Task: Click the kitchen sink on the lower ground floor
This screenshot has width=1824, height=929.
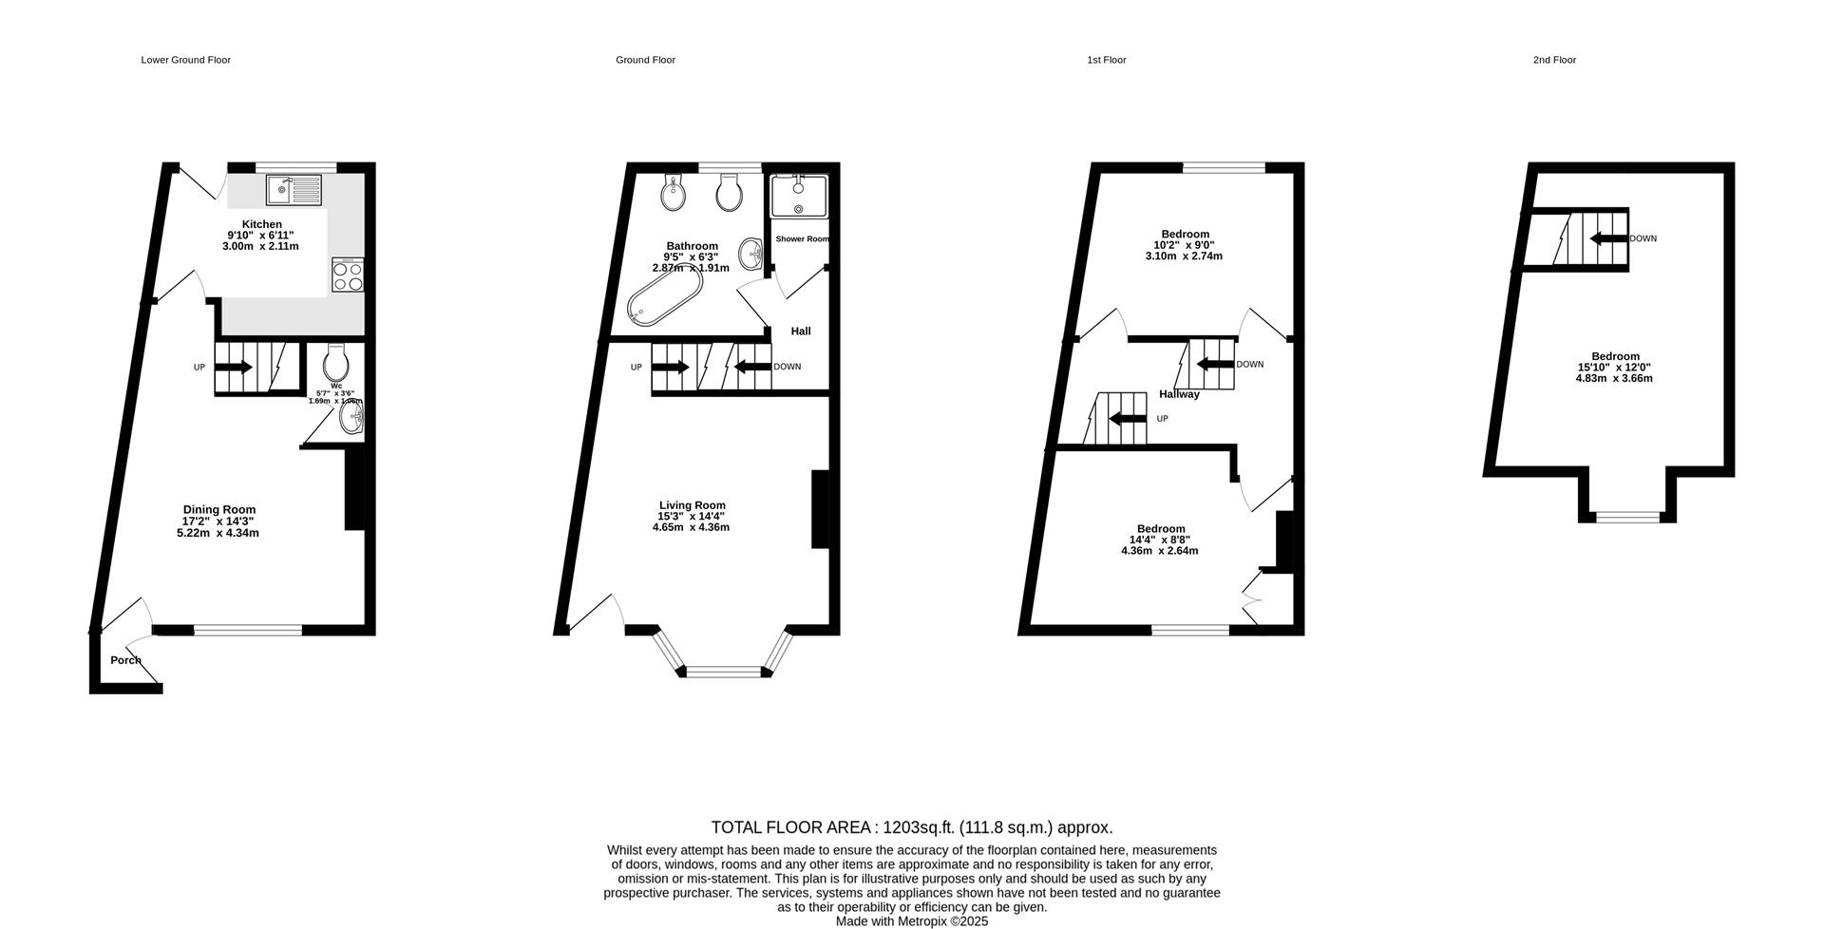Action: (x=294, y=190)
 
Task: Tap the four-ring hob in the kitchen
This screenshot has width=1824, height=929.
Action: (x=348, y=275)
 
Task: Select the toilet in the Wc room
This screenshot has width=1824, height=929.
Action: (x=335, y=362)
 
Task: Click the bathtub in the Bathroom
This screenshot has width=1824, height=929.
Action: (x=664, y=296)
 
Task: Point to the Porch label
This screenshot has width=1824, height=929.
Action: (x=125, y=660)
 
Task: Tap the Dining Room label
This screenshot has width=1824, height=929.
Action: (x=219, y=509)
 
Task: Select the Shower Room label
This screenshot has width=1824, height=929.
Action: (x=802, y=238)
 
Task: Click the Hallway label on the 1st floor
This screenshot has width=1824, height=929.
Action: (x=1179, y=394)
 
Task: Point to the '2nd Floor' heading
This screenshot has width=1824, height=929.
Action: (x=1554, y=60)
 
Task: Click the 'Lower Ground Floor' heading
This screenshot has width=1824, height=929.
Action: (x=186, y=60)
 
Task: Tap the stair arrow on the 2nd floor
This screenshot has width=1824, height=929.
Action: (x=1607, y=238)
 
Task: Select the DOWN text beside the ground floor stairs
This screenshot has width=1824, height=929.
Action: (x=787, y=367)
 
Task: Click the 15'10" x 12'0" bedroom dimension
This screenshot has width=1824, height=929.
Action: (x=1614, y=368)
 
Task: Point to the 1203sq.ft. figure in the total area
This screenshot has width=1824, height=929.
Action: (x=919, y=827)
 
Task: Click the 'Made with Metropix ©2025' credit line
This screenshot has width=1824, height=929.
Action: (x=912, y=921)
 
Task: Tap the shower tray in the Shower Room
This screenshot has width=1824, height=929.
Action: (x=798, y=197)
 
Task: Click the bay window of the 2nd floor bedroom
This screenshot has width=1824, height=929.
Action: (x=1627, y=518)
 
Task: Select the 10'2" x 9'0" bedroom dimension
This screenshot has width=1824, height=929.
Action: (x=1185, y=245)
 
